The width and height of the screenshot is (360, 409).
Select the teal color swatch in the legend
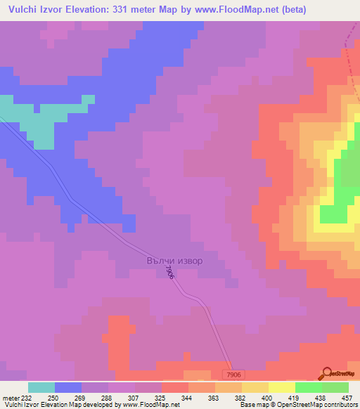(x=41, y=387)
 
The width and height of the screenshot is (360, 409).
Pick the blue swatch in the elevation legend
(x=68, y=387)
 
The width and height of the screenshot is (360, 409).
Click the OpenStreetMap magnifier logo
(x=327, y=373)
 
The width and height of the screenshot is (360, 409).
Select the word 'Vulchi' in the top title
(x=23, y=10)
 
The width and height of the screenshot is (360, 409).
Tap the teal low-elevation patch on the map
(x=42, y=123)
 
